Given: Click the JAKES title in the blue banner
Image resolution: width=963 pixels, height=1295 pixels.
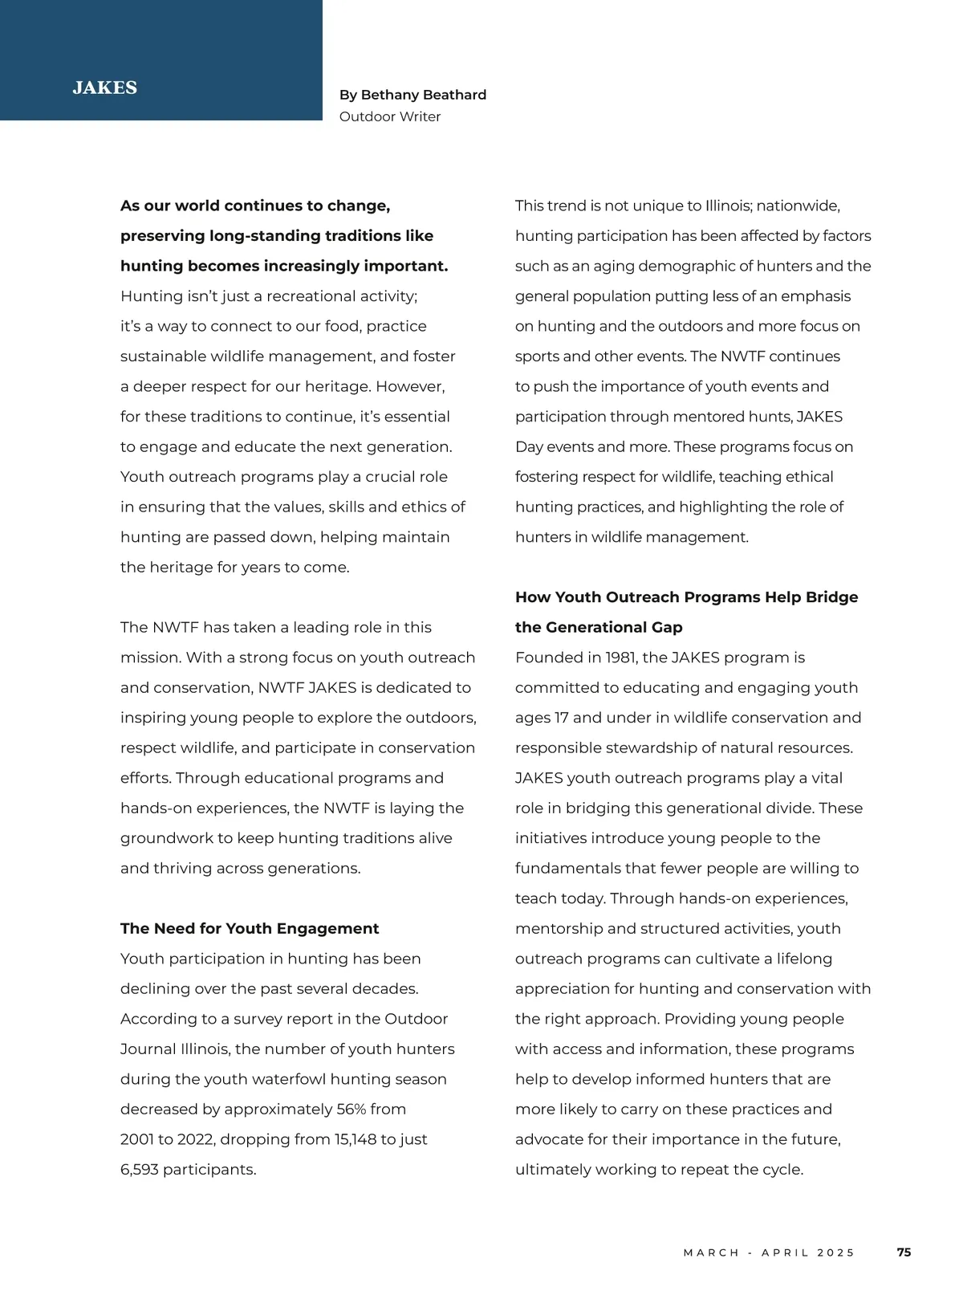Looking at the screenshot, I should point(104,88).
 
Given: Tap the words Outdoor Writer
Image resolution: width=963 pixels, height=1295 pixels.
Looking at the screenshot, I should point(390,116).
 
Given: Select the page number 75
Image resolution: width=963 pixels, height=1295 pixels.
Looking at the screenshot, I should point(904,1252).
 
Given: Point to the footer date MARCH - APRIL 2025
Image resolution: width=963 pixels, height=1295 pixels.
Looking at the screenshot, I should point(769,1252).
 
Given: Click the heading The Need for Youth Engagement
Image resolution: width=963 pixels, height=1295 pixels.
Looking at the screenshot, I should point(250,928).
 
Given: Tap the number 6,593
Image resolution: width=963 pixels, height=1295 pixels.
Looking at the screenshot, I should point(139,1169).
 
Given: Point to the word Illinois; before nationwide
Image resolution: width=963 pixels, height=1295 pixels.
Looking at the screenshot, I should point(729,206).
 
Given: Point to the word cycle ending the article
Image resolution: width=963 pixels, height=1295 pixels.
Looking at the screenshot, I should point(782,1169).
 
